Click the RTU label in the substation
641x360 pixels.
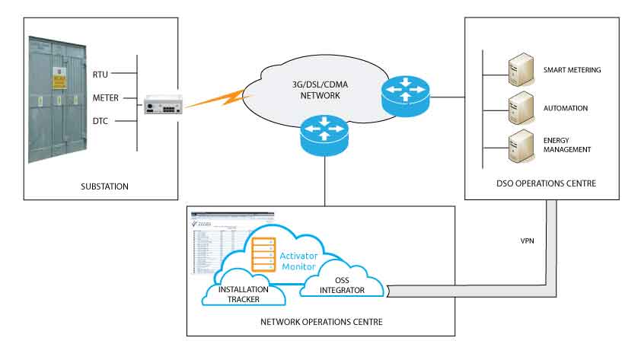click(100, 74)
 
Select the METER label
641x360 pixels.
click(104, 98)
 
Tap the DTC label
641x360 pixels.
click(100, 122)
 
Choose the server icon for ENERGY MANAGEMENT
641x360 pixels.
click(520, 145)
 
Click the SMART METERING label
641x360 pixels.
click(572, 70)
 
